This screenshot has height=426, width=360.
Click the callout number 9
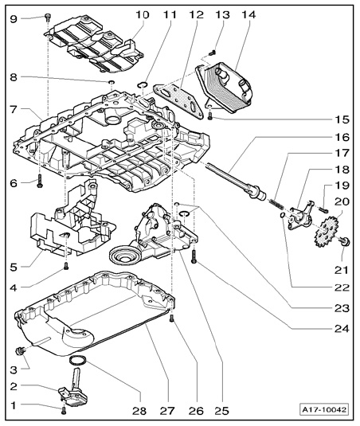click(14, 19)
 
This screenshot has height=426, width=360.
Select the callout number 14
click(248, 14)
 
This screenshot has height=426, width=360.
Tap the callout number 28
click(139, 411)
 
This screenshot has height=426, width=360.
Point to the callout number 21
click(341, 270)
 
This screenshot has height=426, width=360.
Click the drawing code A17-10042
click(324, 409)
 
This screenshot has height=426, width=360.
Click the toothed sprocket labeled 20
click(327, 232)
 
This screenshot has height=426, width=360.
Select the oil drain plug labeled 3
click(21, 352)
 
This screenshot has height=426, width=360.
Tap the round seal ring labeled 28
click(78, 361)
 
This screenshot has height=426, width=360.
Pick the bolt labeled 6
click(40, 181)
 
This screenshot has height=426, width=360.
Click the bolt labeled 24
click(194, 256)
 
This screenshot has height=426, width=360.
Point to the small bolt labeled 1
click(64, 411)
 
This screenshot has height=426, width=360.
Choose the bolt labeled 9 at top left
click(48, 17)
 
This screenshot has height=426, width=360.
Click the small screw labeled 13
click(213, 53)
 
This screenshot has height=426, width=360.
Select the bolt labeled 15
click(209, 115)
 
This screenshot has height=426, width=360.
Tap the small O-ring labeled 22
click(283, 215)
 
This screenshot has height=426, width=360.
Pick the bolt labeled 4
click(66, 266)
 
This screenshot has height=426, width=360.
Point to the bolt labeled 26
click(172, 319)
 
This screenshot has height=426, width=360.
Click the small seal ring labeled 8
click(112, 82)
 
